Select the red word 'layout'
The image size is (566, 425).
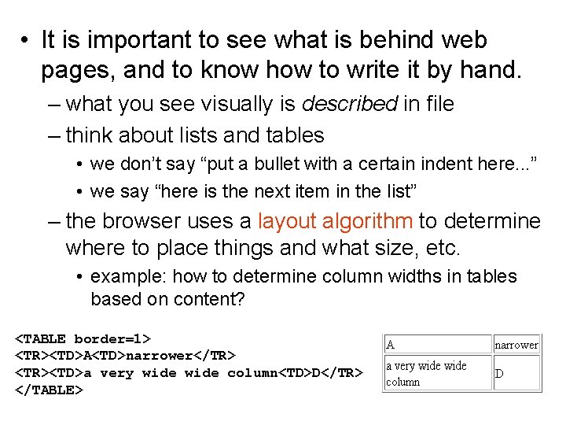pyautogui.click(x=288, y=221)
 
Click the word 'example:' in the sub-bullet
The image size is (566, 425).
pyautogui.click(x=129, y=276)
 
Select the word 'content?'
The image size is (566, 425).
pyautogui.click(x=213, y=299)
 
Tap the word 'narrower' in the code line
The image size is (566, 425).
pyautogui.click(x=159, y=356)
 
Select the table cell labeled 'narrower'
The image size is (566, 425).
pyautogui.click(x=516, y=344)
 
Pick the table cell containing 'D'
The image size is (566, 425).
pyautogui.click(x=516, y=373)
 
